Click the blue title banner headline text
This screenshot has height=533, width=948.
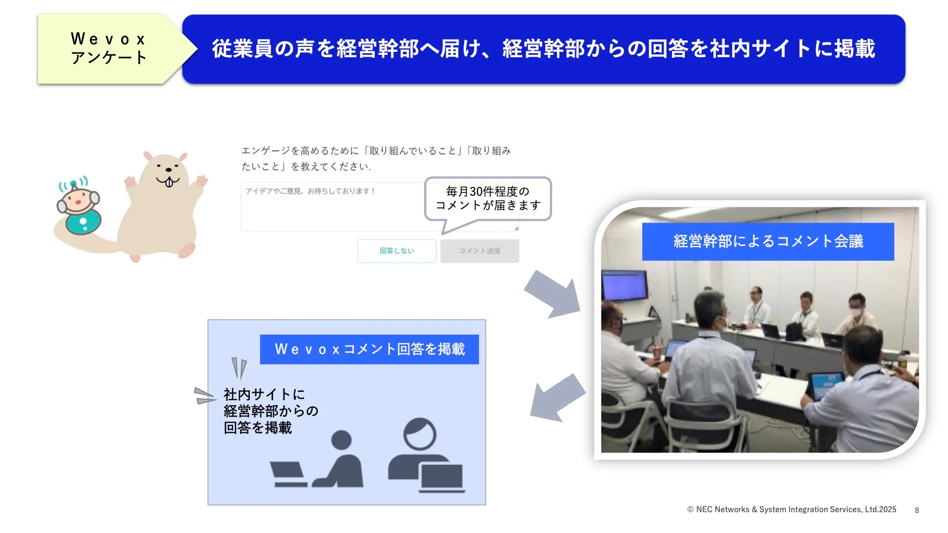click(544, 49)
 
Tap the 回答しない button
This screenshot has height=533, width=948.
click(397, 251)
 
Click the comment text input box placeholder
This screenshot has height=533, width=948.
click(311, 191)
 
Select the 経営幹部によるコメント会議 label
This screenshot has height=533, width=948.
click(768, 241)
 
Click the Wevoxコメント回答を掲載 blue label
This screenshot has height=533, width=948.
click(369, 349)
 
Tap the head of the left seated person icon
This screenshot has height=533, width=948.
click(341, 440)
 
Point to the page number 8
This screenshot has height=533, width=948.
click(917, 510)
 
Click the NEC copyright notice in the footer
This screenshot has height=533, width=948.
click(791, 509)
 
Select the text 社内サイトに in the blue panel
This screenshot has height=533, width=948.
click(264, 394)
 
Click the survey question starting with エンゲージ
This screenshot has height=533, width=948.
click(376, 158)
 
